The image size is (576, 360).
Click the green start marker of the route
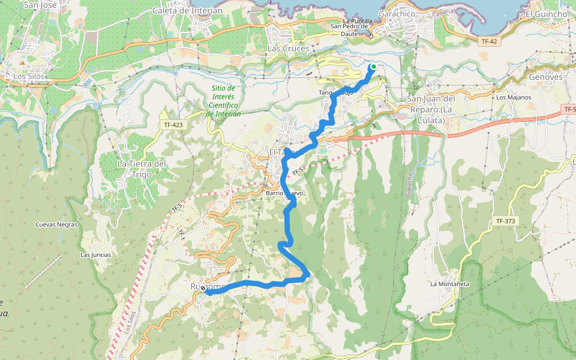point(373,67)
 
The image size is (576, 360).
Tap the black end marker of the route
point(203,289)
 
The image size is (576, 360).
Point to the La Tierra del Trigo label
point(141,169)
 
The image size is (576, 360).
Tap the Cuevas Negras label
point(56,224)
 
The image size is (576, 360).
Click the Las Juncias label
point(96,254)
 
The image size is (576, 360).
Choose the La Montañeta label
point(449,283)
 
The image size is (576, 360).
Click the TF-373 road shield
point(506,221)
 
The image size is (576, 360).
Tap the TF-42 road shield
point(489,41)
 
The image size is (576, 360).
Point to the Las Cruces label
point(288,48)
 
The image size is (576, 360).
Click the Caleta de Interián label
point(187,10)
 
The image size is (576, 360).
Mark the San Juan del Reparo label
point(432,109)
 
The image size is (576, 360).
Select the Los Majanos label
point(514,97)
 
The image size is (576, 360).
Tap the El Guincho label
point(546,14)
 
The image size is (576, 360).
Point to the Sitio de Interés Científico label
point(223,101)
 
